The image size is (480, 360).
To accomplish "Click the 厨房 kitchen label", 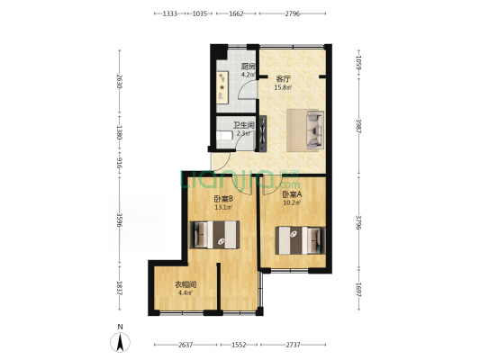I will [x=248, y=67].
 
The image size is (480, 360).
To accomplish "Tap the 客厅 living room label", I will [x=283, y=79].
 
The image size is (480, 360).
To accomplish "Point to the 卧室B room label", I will [x=223, y=199].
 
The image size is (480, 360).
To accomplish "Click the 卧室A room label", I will [x=292, y=194].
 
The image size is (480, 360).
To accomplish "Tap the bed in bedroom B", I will [x=215, y=235].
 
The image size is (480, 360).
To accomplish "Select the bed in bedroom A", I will [x=298, y=240].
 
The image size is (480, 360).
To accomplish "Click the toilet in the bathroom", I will [x=222, y=137].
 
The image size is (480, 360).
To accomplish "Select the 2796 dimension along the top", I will [x=294, y=14].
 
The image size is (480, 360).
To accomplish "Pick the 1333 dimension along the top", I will [x=168, y=14].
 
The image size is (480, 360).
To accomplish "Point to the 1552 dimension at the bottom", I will [x=237, y=346].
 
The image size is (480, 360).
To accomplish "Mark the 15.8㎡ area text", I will [x=283, y=88].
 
